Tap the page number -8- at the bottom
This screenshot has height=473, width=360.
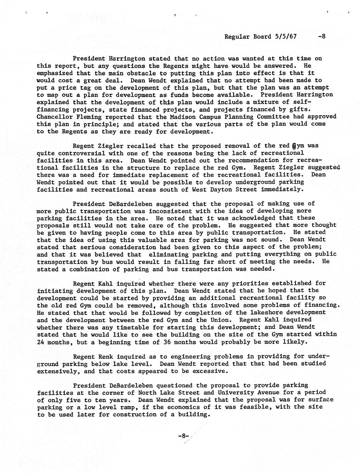click(184, 436)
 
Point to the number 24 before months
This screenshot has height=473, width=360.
click(40, 342)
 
